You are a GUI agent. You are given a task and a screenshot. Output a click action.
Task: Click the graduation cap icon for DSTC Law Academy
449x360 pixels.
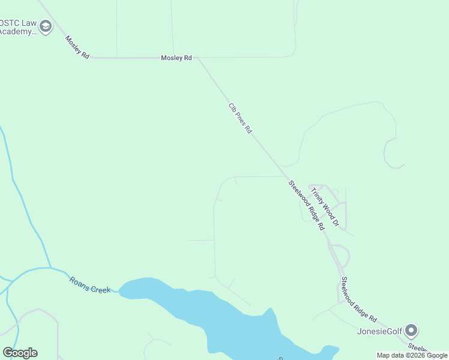[x=46, y=26]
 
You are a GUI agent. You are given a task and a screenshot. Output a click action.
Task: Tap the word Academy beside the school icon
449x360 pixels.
[x=17, y=31]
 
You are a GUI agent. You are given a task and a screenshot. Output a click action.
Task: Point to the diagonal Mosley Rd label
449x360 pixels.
[x=77, y=47]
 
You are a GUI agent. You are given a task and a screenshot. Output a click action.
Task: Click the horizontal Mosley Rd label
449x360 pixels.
[x=176, y=58]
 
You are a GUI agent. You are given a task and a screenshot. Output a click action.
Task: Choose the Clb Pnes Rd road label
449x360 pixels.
[x=240, y=118]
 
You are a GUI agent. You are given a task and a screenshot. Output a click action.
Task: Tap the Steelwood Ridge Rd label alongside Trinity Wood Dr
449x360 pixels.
[x=306, y=206]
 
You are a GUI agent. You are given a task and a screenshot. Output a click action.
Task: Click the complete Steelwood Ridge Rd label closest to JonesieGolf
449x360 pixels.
[x=358, y=299]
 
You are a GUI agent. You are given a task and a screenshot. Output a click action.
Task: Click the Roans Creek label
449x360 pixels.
[x=90, y=284]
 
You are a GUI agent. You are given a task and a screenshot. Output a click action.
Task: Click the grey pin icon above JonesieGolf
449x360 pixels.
[x=411, y=330]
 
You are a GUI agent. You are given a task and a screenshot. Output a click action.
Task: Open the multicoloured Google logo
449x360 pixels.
[x=20, y=353]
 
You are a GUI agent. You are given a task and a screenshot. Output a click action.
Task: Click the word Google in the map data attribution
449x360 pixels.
[x=436, y=355]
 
